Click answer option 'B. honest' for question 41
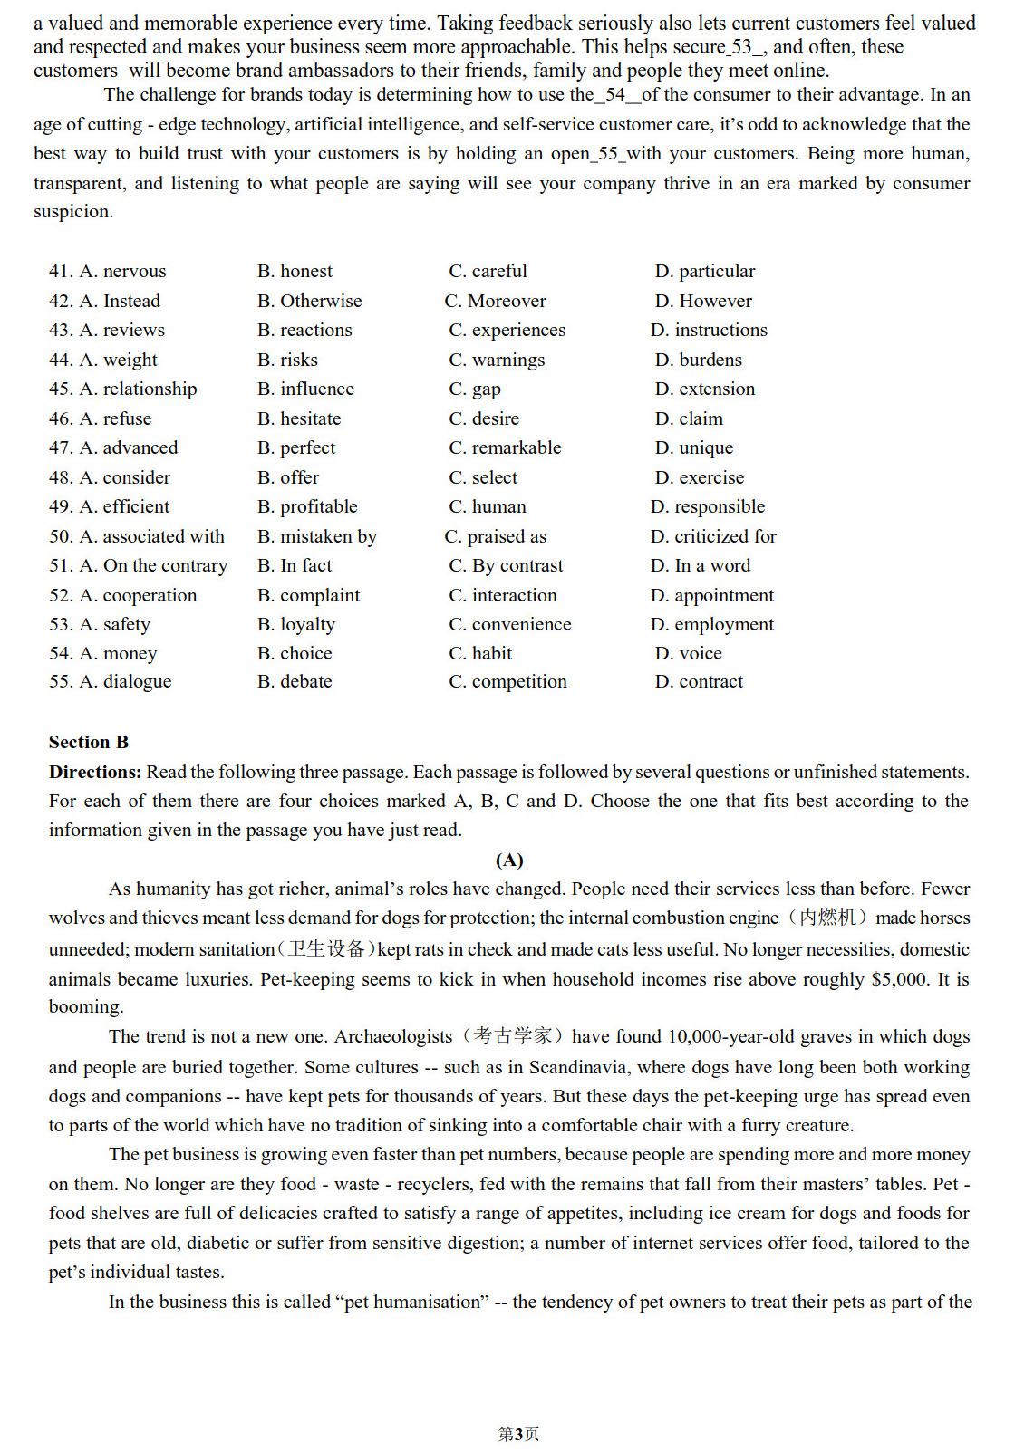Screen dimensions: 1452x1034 click(295, 271)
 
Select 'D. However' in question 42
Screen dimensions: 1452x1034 click(703, 301)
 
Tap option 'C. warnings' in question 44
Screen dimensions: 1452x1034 click(497, 360)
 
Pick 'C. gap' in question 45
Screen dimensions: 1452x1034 click(475, 389)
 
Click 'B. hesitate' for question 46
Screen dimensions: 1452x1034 click(299, 418)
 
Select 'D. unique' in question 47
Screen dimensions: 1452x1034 click(694, 447)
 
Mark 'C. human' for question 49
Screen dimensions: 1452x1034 click(488, 506)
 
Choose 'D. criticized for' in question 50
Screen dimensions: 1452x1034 click(713, 536)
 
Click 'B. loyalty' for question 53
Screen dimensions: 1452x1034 click(296, 624)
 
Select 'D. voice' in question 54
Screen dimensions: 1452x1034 click(689, 653)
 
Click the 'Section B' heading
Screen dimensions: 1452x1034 click(89, 742)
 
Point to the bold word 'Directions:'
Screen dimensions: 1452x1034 click(95, 772)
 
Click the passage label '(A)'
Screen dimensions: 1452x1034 click(509, 860)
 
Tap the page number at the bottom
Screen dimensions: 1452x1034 click(518, 1433)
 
